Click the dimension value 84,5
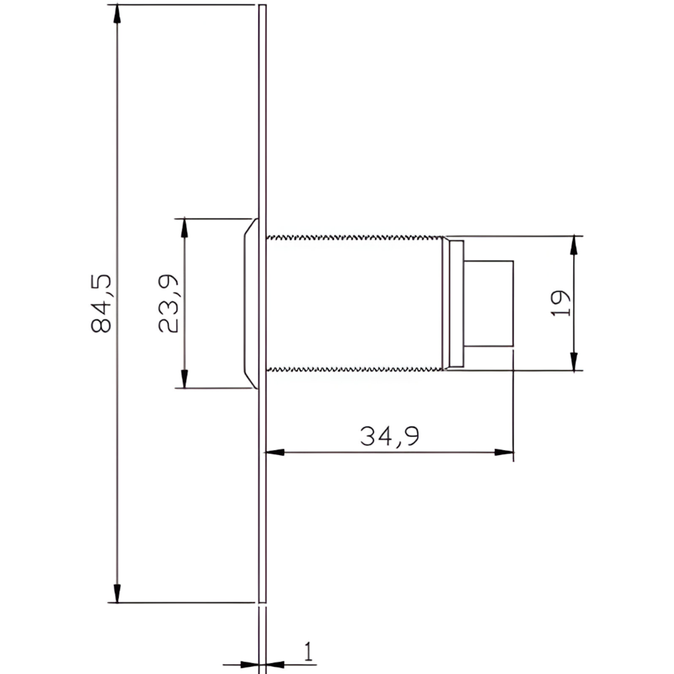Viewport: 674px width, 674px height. (103, 303)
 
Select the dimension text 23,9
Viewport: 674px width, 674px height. (169, 303)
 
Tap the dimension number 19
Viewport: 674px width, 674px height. (560, 303)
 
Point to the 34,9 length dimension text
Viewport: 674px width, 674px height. (389, 436)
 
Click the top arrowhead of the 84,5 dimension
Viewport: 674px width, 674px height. (117, 13)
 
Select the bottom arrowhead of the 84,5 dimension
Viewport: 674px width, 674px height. (117, 593)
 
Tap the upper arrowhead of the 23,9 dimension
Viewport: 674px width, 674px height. (184, 227)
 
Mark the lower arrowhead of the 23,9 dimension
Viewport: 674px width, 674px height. (184, 379)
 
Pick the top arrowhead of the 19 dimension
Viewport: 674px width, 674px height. (573, 245)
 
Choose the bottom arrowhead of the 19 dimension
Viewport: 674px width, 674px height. (573, 362)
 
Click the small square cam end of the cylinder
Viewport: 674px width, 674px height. (489, 303)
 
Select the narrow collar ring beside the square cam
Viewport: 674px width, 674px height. (457, 303)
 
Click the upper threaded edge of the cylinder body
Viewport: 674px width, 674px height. (354, 238)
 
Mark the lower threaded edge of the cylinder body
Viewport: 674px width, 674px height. (354, 369)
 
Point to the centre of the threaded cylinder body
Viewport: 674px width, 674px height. (354, 303)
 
